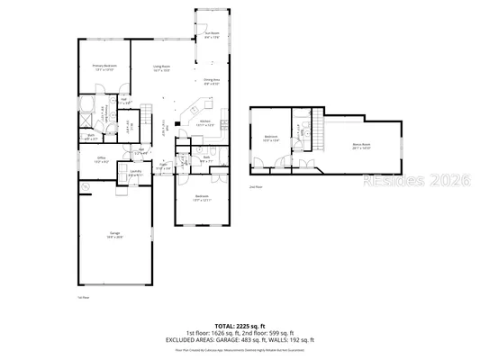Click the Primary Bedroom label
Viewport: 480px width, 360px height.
[x=106, y=67]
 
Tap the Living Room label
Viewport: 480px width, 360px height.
[x=162, y=67]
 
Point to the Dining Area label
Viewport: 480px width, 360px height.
[x=212, y=82]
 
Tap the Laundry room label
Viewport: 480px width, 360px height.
[x=135, y=173]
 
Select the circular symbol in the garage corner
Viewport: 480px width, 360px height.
[x=86, y=186]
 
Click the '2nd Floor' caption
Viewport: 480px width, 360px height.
[x=255, y=186]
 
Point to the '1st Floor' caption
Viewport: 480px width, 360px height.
[x=83, y=297]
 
